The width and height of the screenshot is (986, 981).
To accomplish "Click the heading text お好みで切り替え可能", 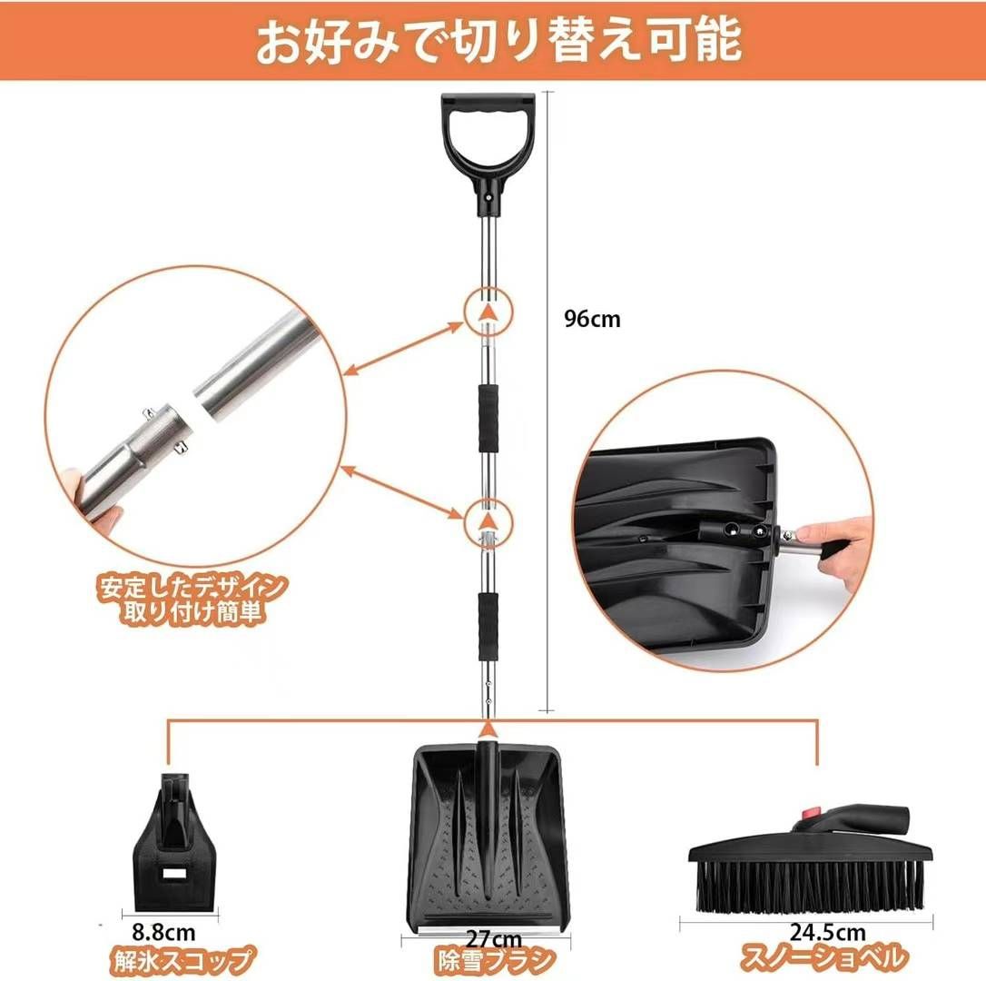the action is click(x=498, y=42).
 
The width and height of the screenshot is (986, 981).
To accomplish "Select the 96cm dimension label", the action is click(x=592, y=319).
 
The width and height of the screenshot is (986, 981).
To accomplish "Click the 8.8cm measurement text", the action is click(x=163, y=931).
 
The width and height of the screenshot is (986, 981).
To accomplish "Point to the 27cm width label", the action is click(x=494, y=939).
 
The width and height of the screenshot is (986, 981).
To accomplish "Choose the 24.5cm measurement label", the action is click(x=827, y=932).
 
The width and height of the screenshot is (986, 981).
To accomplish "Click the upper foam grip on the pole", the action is click(x=488, y=418).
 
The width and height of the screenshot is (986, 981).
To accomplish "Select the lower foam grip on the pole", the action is click(x=488, y=626).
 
